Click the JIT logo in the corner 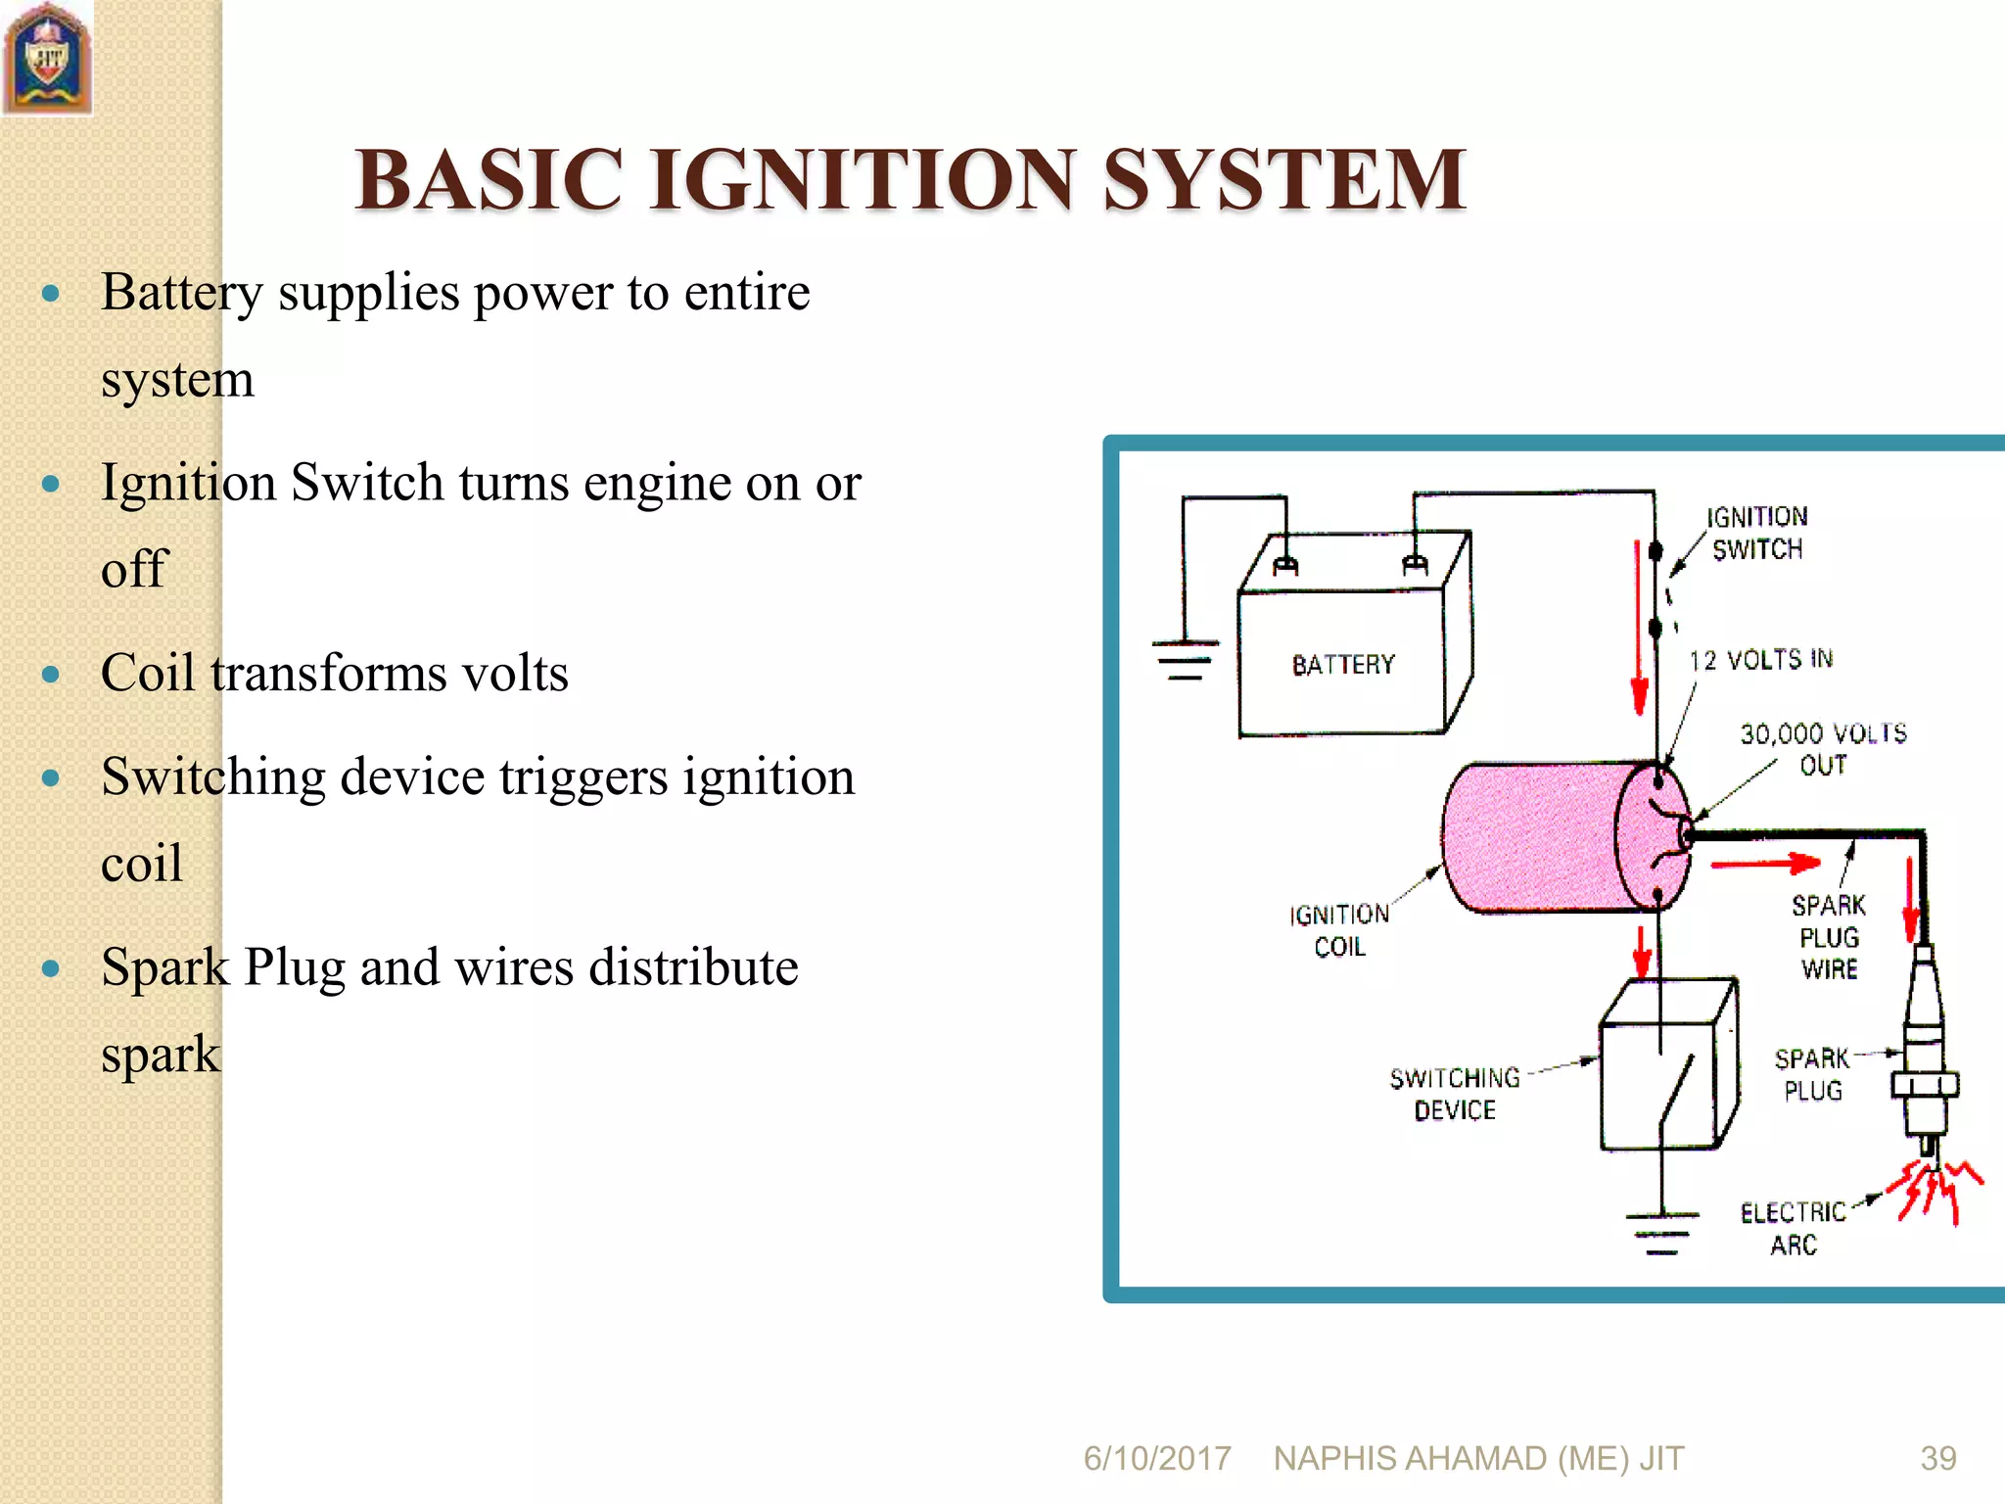pos(47,59)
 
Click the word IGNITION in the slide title pos(862,180)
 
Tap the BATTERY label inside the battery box pos(1342,665)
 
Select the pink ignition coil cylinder pos(1547,837)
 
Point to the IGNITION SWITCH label pos(1757,533)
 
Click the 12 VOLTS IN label pos(1761,660)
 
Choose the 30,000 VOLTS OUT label pos(1823,749)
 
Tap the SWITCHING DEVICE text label pos(1455,1094)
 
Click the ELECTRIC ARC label pos(1794,1229)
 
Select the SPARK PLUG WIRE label pos(1829,937)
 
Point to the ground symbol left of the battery pos(1186,660)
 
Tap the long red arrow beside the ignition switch pos(1638,627)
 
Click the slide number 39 pos(1938,1458)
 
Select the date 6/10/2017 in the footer pos(1157,1458)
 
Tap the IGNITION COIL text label pos(1339,930)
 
